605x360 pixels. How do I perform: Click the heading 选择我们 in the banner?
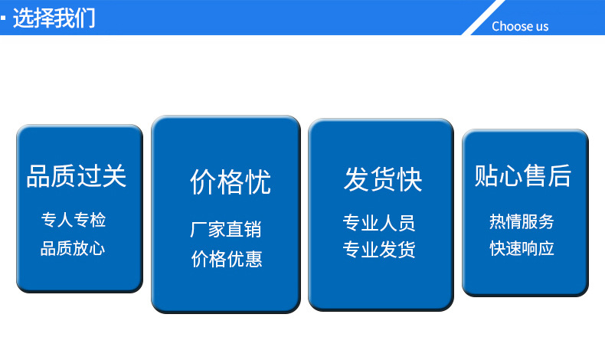pos(54,18)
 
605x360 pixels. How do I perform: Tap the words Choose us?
pos(520,26)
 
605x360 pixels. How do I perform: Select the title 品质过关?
pos(77,176)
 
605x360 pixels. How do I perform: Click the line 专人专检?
pos(74,221)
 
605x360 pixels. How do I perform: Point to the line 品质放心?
pos(73,248)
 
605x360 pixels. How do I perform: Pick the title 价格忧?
pos(231,182)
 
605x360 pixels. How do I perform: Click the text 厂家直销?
pos(226,229)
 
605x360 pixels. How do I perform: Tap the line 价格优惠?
pos(227,259)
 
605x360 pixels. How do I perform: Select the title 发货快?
pos(383,179)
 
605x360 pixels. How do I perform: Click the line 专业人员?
pos(379,223)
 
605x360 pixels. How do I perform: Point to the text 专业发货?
pos(379,250)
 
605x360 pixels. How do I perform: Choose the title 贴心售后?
pos(523,175)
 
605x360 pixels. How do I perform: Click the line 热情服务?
pos(522,221)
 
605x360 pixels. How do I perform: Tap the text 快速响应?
pos(522,248)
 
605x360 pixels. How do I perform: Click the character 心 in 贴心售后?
pos(511,175)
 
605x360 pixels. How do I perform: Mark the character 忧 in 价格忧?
pos(257,182)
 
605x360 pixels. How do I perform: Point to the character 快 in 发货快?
pos(409,179)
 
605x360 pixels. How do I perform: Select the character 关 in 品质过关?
pos(113,176)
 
